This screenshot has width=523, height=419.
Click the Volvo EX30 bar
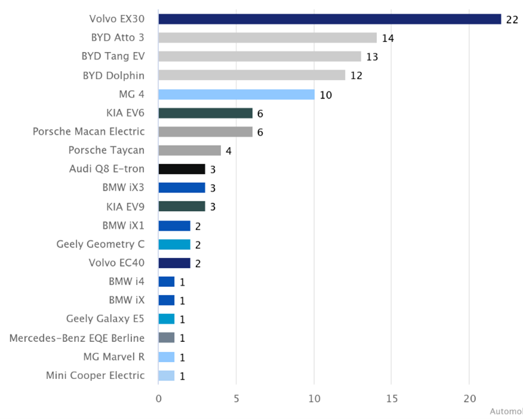330,19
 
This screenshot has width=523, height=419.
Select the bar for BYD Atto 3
267,38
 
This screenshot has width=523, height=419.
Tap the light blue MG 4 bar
236,94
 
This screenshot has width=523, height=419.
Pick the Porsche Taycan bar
189,150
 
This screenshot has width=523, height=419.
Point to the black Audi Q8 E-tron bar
181,169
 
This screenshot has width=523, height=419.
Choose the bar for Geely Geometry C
174,244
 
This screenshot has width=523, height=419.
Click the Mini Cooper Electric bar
166,375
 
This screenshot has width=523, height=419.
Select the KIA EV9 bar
181,207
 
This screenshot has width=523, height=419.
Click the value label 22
512,19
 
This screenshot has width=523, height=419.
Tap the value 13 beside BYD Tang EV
373,57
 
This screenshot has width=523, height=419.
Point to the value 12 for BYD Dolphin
356,76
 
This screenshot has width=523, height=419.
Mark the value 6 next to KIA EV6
260,114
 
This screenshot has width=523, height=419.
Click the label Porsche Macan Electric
88,131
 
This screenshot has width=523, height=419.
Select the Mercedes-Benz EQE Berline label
76,338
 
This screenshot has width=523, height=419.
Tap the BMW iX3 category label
123,188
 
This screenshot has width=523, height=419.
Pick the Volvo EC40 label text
116,263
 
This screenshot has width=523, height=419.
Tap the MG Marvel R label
113,357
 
